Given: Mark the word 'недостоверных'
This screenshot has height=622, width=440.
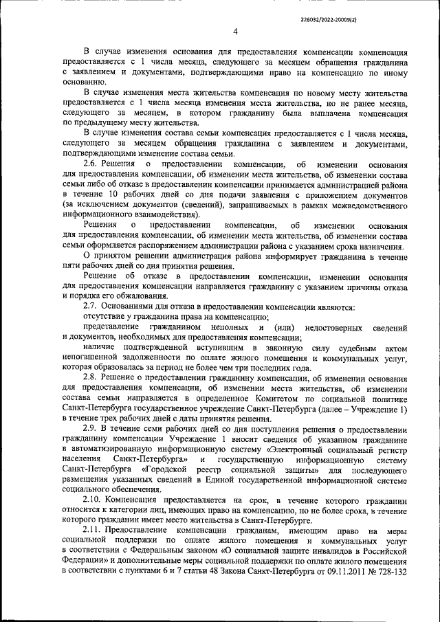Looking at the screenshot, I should coord(333,326).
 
